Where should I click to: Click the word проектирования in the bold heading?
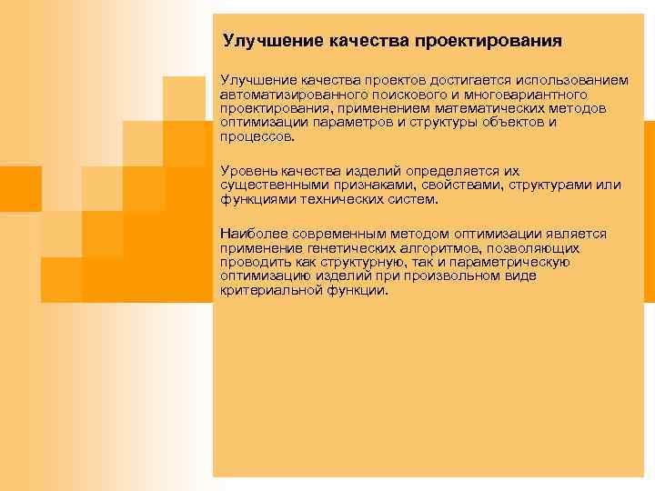point(488,42)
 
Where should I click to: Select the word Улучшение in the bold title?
point(267,42)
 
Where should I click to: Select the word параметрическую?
point(518,262)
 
